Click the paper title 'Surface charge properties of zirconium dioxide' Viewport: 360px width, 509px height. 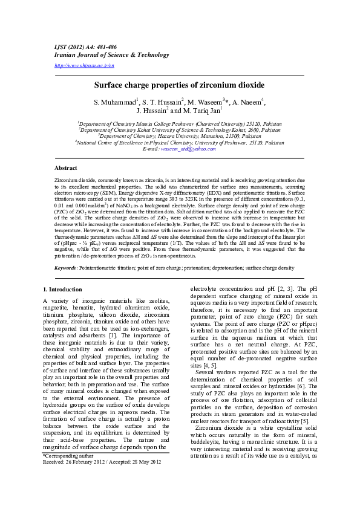pyautogui.click(x=179, y=86)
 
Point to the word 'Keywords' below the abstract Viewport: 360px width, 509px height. pyautogui.click(x=65, y=267)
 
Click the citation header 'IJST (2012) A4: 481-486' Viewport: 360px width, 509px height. pyautogui.click(x=79, y=47)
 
